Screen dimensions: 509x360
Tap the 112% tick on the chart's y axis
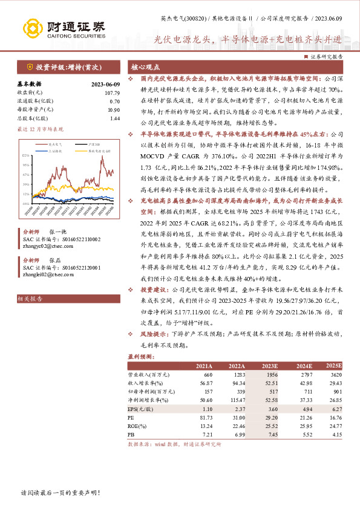click(x=27, y=156)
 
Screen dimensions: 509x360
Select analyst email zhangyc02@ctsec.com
click(x=44, y=247)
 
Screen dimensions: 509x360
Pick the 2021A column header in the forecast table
click(x=204, y=366)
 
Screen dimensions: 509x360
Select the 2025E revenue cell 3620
click(x=336, y=375)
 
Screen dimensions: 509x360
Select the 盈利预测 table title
click(x=141, y=357)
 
